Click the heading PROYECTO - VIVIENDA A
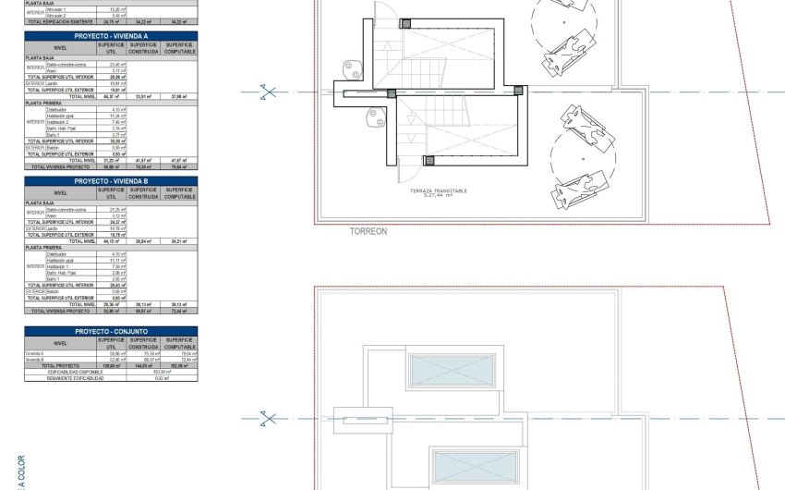pyautogui.click(x=111, y=35)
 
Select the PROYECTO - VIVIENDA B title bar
pyautogui.click(x=111, y=182)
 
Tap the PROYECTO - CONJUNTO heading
pyautogui.click(x=111, y=330)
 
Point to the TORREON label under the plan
pyautogui.click(x=368, y=232)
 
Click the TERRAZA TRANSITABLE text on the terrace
pyautogui.click(x=439, y=191)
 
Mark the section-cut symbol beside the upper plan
pyautogui.click(x=268, y=92)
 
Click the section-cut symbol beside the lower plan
pyautogui.click(x=268, y=419)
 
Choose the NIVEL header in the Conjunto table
pyautogui.click(x=60, y=342)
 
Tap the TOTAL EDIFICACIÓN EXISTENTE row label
pyautogui.click(x=60, y=20)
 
